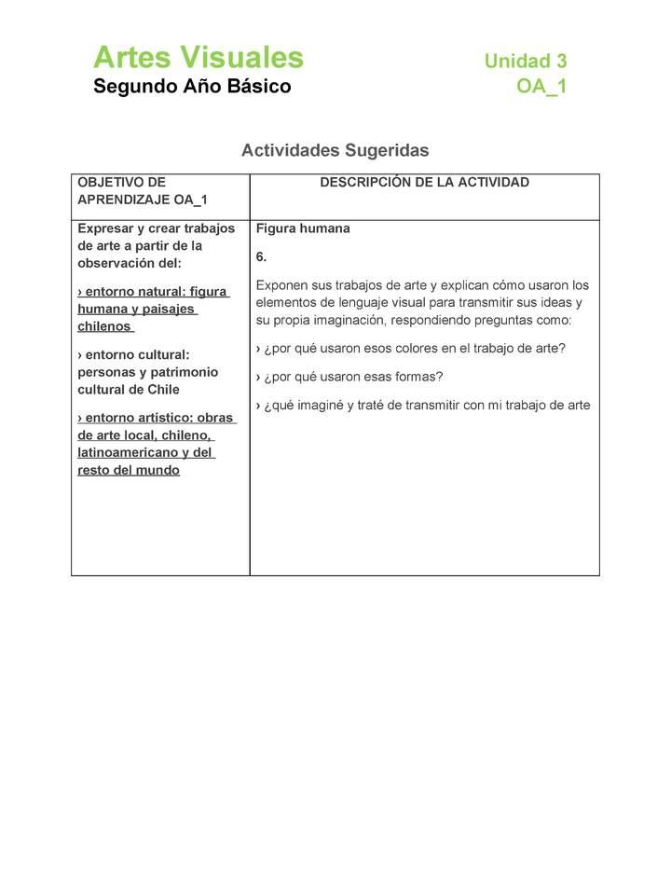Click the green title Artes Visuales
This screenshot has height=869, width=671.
point(199,58)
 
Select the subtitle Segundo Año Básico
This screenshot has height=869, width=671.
point(192,87)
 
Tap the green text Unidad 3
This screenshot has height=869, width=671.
point(525,62)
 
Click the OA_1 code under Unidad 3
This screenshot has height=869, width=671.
point(541,88)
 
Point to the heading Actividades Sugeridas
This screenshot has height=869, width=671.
point(335,150)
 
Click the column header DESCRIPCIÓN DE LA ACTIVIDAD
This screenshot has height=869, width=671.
point(424,183)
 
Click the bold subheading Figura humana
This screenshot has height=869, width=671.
point(303,228)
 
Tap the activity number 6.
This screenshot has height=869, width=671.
point(261,256)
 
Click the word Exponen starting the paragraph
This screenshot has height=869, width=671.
point(283,285)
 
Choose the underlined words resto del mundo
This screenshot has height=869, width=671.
point(129,470)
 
